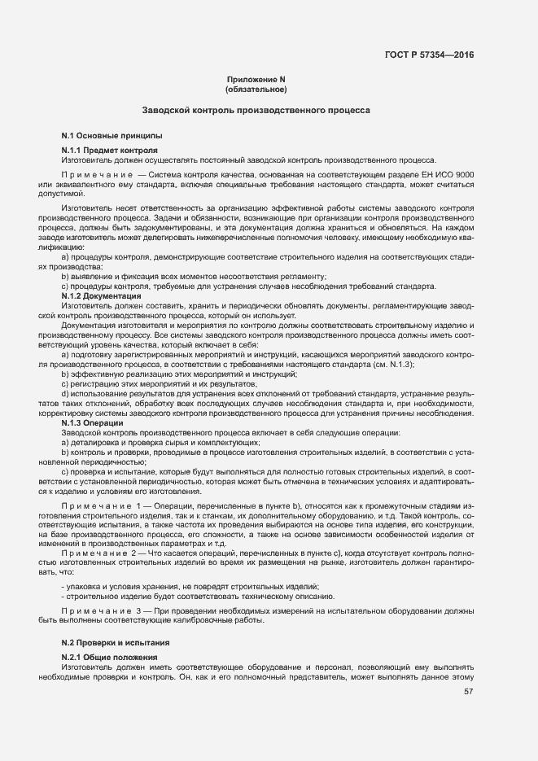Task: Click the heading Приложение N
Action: click(x=256, y=79)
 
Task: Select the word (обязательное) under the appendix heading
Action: click(x=256, y=89)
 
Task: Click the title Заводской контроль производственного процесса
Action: click(x=256, y=109)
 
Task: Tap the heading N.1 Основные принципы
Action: click(x=112, y=134)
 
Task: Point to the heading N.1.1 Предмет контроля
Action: click(x=110, y=151)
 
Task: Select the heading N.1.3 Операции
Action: click(x=93, y=423)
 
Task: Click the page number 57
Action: click(x=468, y=693)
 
